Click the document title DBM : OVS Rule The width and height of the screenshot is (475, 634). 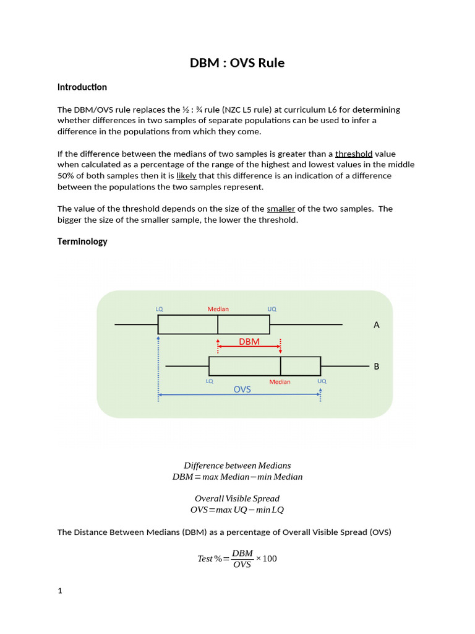click(x=237, y=63)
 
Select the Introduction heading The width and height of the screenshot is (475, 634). click(x=82, y=87)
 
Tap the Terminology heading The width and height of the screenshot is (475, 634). click(x=82, y=241)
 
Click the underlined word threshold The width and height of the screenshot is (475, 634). click(x=354, y=154)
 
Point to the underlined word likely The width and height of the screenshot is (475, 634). click(x=186, y=176)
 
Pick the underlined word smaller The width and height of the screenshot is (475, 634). click(x=281, y=209)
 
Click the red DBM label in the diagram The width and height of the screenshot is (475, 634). click(x=249, y=341)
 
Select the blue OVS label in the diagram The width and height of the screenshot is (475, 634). click(x=242, y=389)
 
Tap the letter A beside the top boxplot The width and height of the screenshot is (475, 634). click(x=377, y=325)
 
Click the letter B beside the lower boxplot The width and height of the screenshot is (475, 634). click(x=376, y=367)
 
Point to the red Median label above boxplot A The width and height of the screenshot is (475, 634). click(x=218, y=308)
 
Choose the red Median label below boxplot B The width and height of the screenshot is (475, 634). click(x=280, y=382)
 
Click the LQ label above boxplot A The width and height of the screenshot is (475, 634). click(x=159, y=308)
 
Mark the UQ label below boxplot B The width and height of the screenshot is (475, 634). click(x=322, y=381)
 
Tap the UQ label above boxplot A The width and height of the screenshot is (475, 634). click(x=272, y=308)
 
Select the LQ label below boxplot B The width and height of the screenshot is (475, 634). click(x=210, y=381)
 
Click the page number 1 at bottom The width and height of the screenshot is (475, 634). click(x=60, y=591)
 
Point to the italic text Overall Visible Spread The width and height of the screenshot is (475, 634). click(x=237, y=498)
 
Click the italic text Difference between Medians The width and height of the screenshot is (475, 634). click(x=237, y=466)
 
